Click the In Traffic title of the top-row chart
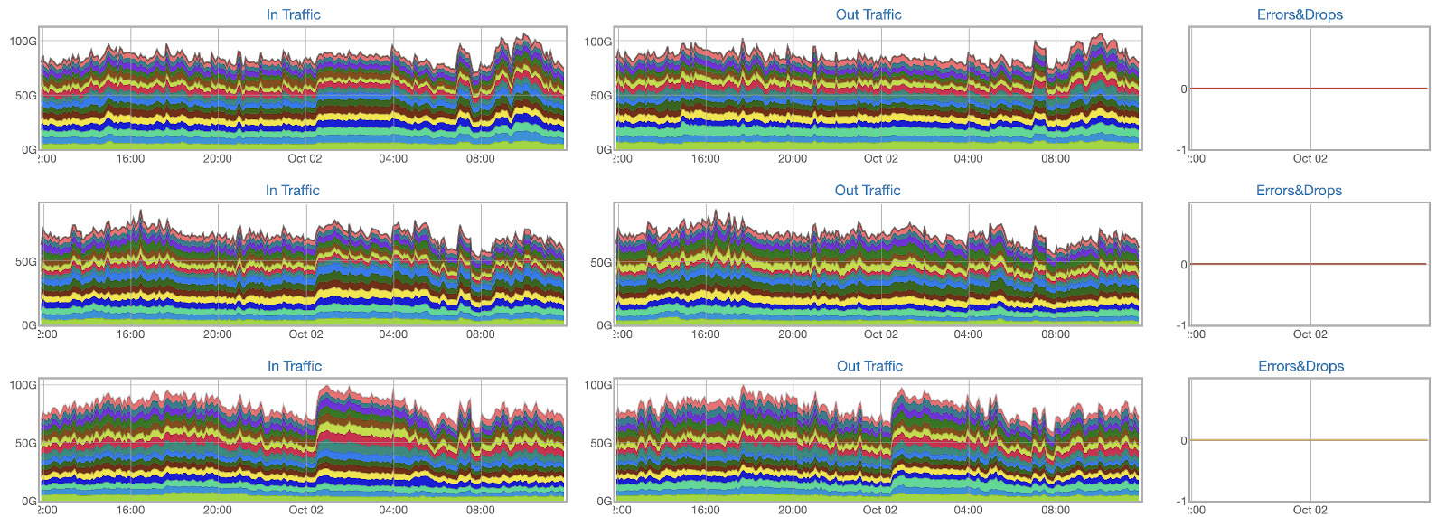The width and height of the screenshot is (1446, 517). coord(293,14)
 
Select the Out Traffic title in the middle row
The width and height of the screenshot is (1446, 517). coord(868,191)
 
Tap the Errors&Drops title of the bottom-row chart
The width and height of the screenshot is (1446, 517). coord(1300,366)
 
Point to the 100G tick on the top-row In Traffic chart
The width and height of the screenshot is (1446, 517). coord(23,42)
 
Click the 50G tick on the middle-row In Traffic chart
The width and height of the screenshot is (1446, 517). coord(25,262)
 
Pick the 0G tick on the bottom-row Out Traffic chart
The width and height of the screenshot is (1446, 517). coord(603,501)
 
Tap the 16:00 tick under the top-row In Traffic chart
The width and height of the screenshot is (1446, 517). coord(130,159)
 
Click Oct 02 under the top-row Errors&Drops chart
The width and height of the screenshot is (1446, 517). coord(1310,159)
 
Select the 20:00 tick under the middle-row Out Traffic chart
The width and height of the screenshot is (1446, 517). coord(793,334)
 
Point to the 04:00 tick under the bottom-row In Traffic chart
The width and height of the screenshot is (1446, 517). coord(393,510)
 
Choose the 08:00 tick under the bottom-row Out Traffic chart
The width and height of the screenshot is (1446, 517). coord(1056,510)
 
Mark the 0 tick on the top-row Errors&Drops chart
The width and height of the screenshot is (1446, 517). coord(1184,89)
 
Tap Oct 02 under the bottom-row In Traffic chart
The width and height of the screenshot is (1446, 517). coord(305,510)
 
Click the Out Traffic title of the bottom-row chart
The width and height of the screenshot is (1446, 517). coord(869,366)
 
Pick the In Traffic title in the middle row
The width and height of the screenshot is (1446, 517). coord(292,191)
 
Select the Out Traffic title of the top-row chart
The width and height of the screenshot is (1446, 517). coord(869,14)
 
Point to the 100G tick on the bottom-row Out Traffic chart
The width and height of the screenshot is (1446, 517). coord(598,385)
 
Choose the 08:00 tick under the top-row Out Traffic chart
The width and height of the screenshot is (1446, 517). coord(1056,159)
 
